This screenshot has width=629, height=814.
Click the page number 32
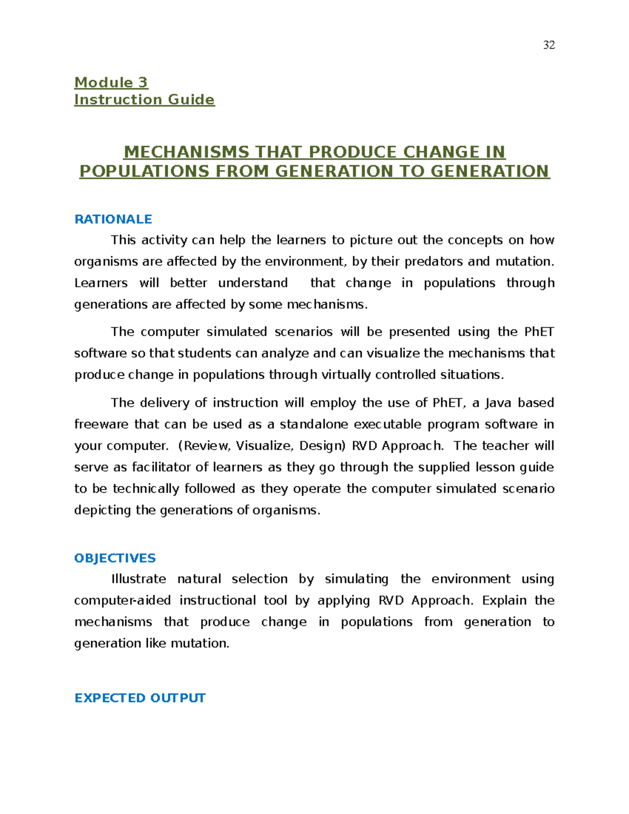(549, 45)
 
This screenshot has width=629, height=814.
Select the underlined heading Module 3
(111, 82)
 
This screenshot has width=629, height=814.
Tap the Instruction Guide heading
(144, 100)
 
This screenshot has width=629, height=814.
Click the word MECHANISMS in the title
(186, 152)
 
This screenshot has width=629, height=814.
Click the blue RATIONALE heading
(113, 219)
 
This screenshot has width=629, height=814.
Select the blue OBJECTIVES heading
(115, 558)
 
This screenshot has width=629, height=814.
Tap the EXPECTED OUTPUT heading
(140, 698)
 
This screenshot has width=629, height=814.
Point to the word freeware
(101, 424)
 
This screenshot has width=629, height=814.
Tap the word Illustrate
(138, 579)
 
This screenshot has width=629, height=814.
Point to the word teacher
(506, 446)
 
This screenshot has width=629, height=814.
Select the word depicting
(102, 510)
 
